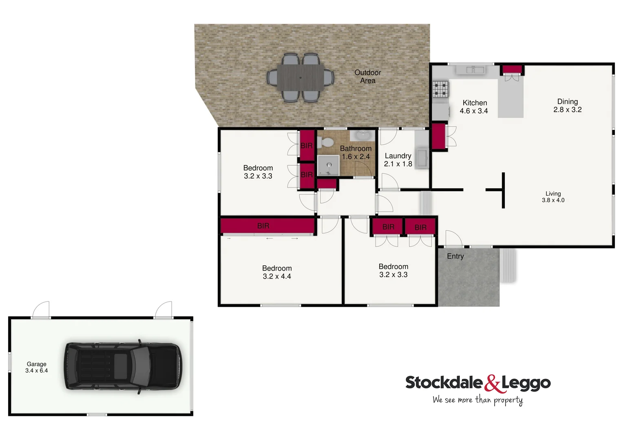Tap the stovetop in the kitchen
click(x=440, y=89)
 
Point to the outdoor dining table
click(x=300, y=77)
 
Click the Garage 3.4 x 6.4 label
click(x=37, y=367)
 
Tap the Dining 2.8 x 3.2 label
click(x=568, y=106)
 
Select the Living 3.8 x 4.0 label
click(x=553, y=197)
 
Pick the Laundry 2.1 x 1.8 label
click(x=398, y=160)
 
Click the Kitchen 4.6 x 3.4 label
click(x=474, y=107)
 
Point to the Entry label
click(x=455, y=256)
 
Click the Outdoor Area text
click(x=368, y=77)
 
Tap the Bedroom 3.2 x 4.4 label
click(x=277, y=272)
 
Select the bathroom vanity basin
click(x=362, y=135)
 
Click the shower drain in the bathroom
click(x=329, y=165)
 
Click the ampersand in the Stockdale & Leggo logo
click(x=492, y=383)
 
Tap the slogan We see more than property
click(x=477, y=400)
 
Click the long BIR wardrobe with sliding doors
click(x=267, y=226)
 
